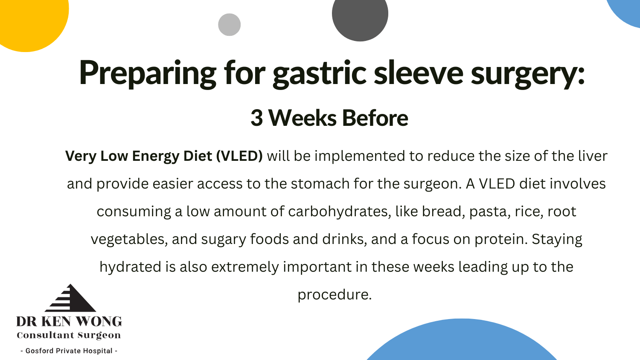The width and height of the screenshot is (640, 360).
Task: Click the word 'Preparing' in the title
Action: [148, 73]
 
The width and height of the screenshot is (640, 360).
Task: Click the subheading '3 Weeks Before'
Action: [329, 118]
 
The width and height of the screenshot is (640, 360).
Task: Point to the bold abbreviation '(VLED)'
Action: [239, 156]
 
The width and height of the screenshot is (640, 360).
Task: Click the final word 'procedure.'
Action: [335, 295]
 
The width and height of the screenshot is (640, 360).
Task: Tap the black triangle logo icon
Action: [70, 298]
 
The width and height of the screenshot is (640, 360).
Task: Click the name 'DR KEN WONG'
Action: [69, 322]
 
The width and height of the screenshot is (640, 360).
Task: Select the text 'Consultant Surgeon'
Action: [69, 335]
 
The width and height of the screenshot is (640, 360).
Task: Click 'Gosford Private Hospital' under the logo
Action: [69, 351]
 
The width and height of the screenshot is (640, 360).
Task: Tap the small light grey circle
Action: [229, 25]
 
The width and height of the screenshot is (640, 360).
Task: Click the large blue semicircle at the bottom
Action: [461, 341]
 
